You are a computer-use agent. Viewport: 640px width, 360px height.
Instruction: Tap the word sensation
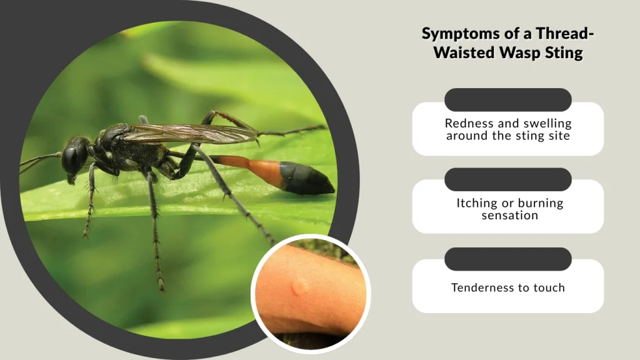click(509, 215)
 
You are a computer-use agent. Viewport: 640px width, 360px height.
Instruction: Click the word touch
click(549, 287)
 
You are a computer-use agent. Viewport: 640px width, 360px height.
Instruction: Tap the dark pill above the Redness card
click(507, 100)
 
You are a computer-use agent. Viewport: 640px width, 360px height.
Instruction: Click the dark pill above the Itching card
click(507, 179)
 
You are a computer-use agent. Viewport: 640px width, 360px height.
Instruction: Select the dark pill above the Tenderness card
click(507, 259)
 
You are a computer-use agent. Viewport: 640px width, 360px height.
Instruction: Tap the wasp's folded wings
click(187, 132)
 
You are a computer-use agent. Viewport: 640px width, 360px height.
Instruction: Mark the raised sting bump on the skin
click(300, 286)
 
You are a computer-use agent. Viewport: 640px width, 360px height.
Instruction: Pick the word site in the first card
click(557, 135)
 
